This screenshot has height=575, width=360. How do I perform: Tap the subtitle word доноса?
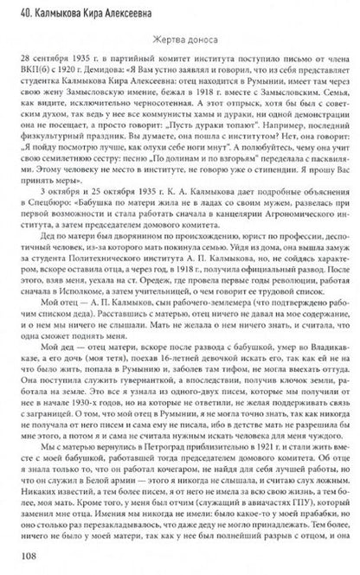[196, 37]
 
